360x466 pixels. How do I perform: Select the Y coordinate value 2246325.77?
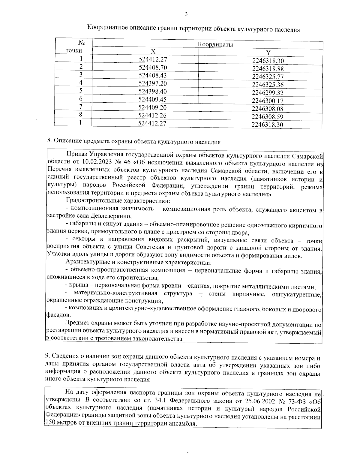(268, 77)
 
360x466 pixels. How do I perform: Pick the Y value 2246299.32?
(268, 93)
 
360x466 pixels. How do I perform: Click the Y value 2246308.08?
(268, 109)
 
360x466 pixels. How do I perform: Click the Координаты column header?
(216, 44)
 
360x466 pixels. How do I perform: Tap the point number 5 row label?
(81, 91)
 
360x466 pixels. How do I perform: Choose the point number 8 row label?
(81, 115)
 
